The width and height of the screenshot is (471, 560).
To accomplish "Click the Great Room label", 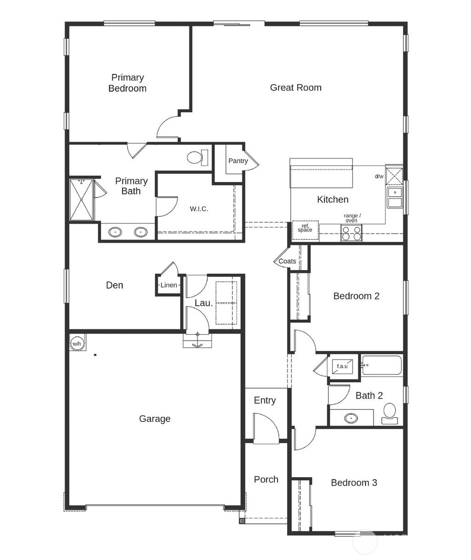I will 295,87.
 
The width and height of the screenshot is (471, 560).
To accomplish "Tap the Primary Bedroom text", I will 127,83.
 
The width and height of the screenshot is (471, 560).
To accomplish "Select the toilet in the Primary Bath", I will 198,157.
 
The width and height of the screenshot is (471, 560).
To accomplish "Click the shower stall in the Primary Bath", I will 81,200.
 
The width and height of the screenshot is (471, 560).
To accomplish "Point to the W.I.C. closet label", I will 199,209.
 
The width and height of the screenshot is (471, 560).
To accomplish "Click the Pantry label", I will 238,161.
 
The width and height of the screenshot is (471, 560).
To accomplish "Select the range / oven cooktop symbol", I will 351,233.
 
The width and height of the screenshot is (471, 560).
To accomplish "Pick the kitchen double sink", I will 395,198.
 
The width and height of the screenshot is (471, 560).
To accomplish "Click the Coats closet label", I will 287,261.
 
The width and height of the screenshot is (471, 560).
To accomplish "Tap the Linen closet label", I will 168,285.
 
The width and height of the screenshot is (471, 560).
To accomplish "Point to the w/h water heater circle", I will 76,343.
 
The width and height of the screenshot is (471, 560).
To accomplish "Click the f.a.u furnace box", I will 343,366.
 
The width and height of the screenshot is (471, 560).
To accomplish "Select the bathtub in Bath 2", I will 382,366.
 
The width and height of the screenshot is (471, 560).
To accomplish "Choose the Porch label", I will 266,479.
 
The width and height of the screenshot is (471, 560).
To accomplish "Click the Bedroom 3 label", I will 354,483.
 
